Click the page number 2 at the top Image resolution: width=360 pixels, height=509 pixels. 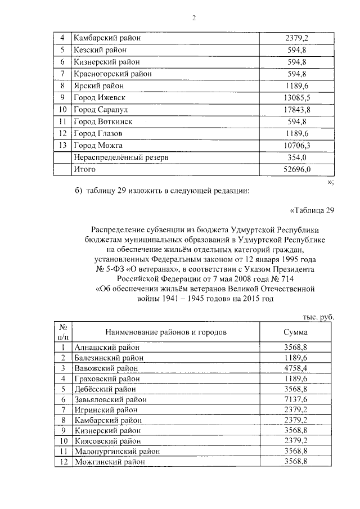pos(193,17)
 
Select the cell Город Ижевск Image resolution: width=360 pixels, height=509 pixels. pos(97,98)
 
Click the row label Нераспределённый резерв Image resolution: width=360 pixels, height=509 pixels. pos(121,157)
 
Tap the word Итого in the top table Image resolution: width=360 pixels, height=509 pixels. pos(85,169)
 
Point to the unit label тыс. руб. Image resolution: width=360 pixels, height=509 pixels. pos(318,317)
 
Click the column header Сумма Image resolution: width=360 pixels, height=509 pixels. pos(296,332)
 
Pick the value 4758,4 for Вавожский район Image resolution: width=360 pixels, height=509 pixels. pos(296,368)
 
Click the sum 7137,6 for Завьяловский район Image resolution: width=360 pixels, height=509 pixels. pos(296,399)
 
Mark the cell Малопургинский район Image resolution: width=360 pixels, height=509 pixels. pos(116,451)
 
